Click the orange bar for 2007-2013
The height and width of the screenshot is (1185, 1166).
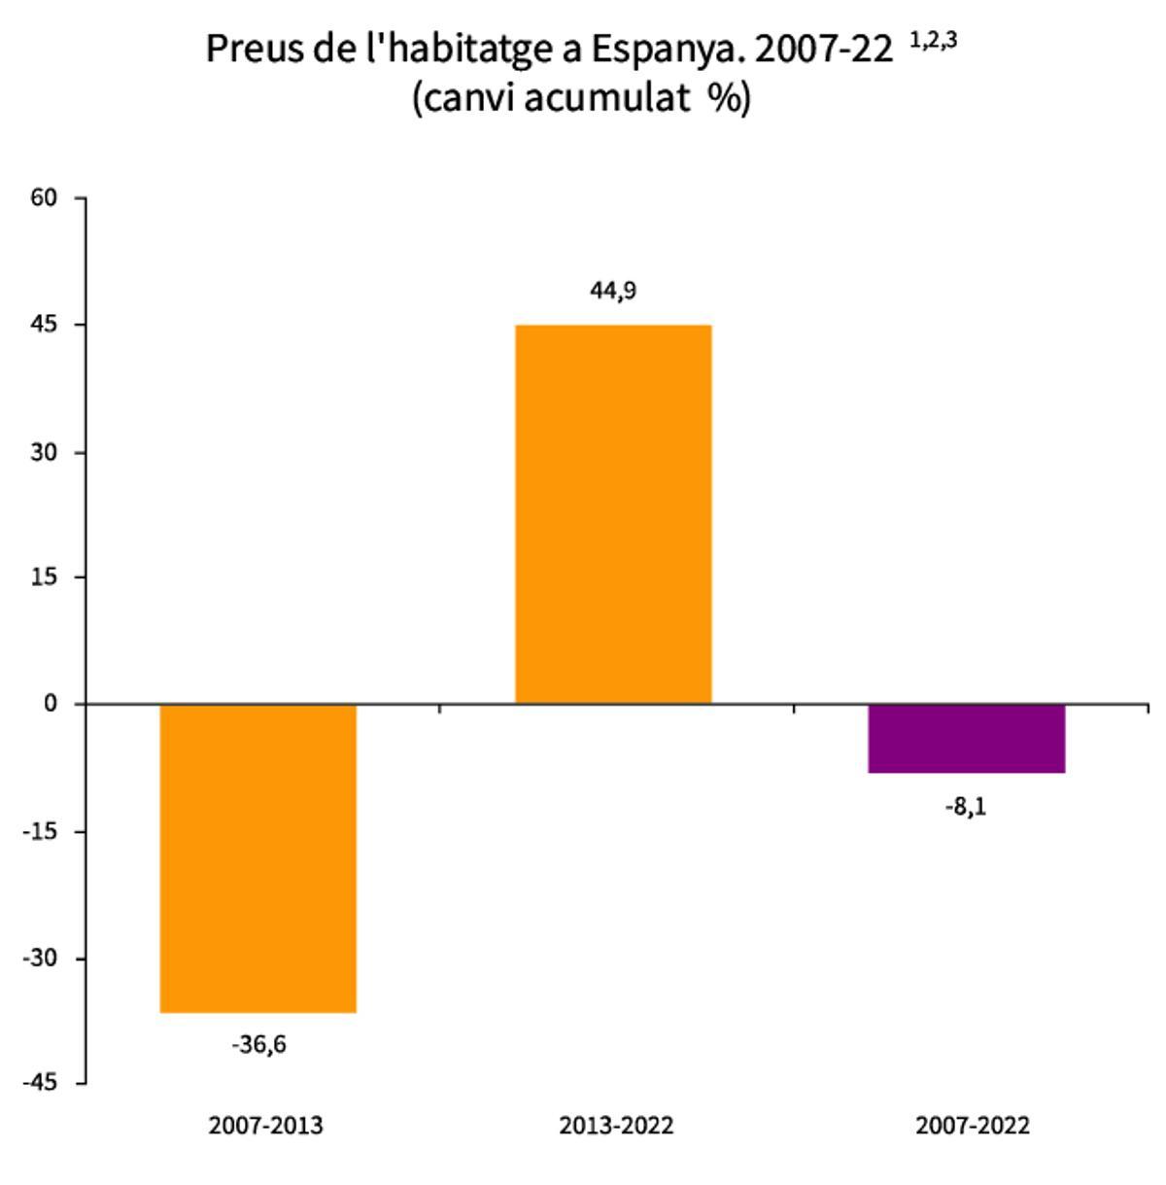258,857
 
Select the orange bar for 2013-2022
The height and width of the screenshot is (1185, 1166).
613,513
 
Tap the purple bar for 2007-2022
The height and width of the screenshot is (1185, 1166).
967,738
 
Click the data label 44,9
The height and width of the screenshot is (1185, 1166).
613,290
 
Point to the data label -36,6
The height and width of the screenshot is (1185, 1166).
258,1045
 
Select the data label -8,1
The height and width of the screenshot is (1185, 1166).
966,807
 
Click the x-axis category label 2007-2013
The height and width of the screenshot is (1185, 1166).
265,1126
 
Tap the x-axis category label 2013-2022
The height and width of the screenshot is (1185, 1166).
616,1126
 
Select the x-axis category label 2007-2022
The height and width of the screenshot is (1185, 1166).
973,1126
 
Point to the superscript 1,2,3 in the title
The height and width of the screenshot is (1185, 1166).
933,41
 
